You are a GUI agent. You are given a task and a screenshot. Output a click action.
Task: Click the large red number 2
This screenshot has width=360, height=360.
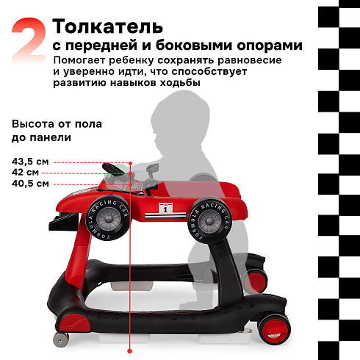click(x=29, y=40)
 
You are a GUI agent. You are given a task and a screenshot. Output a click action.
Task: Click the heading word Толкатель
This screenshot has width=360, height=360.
click(x=107, y=26)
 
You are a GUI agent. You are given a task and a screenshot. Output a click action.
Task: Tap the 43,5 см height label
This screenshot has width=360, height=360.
click(x=30, y=162)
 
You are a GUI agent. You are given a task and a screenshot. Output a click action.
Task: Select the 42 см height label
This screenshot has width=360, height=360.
click(x=25, y=173)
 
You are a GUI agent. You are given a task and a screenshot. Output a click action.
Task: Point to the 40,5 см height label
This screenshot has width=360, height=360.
click(x=30, y=184)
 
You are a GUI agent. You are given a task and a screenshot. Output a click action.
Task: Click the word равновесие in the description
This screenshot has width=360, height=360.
click(x=250, y=60)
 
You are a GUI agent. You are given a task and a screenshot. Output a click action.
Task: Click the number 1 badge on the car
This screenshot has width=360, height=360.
click(x=165, y=209)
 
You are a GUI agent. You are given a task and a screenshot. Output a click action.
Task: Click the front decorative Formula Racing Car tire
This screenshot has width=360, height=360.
click(x=108, y=217)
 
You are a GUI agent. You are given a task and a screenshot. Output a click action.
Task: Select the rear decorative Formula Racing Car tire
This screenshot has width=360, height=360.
click(x=209, y=220)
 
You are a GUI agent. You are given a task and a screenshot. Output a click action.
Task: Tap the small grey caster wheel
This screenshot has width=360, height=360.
click(x=61, y=339)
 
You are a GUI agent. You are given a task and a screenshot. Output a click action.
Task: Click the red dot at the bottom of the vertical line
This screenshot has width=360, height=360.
click(x=130, y=351)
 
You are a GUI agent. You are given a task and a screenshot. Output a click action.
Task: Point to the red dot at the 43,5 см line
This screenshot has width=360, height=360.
click(x=130, y=163)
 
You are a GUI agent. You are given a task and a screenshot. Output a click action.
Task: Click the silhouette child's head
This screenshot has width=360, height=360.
click(x=180, y=120)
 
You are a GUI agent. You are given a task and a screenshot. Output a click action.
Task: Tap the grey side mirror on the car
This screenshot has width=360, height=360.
click(x=152, y=169)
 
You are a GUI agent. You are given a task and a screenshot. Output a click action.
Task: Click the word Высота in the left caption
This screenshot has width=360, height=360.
click(x=34, y=124)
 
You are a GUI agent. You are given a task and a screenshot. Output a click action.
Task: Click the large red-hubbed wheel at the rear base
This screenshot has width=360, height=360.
click(x=274, y=329)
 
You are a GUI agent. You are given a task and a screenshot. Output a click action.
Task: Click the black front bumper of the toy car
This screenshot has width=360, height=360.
click(x=64, y=222)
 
